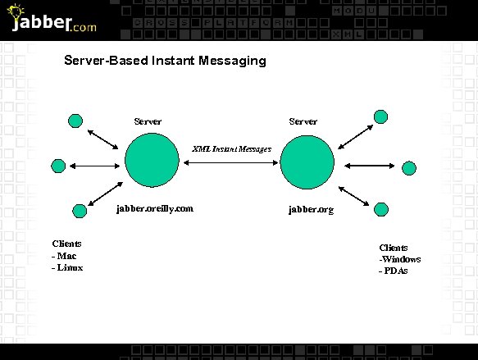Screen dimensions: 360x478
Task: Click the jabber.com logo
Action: click(x=53, y=21)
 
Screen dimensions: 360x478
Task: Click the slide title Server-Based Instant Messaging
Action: click(x=165, y=61)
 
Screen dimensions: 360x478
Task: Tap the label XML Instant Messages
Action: click(x=231, y=150)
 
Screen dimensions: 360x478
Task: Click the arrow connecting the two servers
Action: click(x=230, y=164)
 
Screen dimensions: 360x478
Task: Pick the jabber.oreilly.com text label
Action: click(x=155, y=208)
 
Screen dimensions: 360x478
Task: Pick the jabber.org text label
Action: click(x=311, y=210)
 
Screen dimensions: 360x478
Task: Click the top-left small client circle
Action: click(x=75, y=121)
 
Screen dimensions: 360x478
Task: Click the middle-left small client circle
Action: click(x=58, y=166)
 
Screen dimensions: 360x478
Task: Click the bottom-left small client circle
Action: click(x=80, y=211)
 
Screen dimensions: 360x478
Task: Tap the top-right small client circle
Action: click(x=380, y=116)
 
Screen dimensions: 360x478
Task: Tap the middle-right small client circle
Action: click(x=409, y=169)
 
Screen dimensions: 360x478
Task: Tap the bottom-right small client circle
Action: click(x=380, y=209)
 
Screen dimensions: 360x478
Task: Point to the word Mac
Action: click(x=67, y=256)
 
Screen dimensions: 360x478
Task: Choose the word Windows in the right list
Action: click(x=402, y=259)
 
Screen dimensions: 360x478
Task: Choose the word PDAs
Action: click(x=396, y=271)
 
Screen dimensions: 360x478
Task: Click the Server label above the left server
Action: click(x=148, y=121)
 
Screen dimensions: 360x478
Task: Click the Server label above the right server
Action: click(x=303, y=121)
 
